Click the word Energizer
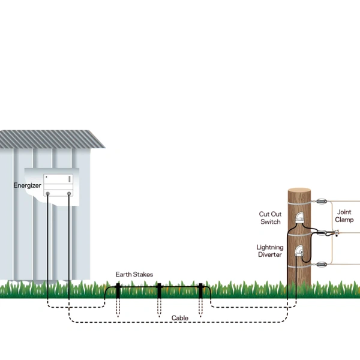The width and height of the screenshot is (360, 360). coord(27,186)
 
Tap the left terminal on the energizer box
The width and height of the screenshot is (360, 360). coord(47,194)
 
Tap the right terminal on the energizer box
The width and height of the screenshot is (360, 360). coord(68,194)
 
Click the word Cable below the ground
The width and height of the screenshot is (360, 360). coord(180,318)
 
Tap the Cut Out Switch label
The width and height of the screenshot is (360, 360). coord(269,218)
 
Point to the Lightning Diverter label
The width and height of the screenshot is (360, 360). coord(269,251)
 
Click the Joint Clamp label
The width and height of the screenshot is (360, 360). coord(344,216)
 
